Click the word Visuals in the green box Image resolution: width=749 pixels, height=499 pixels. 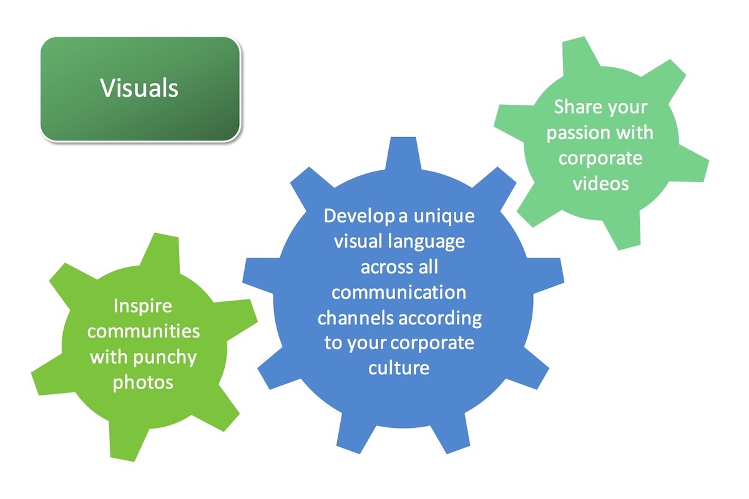tap(139, 88)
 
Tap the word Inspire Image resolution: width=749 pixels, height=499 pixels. tap(143, 306)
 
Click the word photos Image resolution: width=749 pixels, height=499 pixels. tap(143, 382)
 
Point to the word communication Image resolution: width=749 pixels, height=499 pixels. tap(399, 292)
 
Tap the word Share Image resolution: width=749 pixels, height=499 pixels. tap(576, 107)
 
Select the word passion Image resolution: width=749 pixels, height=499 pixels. tap(572, 133)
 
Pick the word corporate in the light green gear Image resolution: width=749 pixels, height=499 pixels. tap(600, 158)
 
